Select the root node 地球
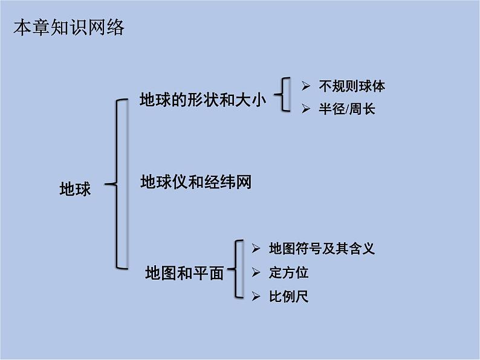(x=75, y=189)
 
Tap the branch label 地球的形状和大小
(x=203, y=100)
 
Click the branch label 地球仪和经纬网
(x=195, y=181)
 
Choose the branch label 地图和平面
(x=184, y=273)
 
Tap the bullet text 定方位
(x=288, y=272)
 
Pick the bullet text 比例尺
(x=288, y=297)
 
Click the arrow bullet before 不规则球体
(x=305, y=86)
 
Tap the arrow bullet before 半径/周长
(x=305, y=110)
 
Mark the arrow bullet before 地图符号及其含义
(x=256, y=248)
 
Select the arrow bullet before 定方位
(x=256, y=272)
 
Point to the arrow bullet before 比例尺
(x=256, y=297)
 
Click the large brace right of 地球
(x=119, y=184)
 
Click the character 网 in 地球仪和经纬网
(x=243, y=181)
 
